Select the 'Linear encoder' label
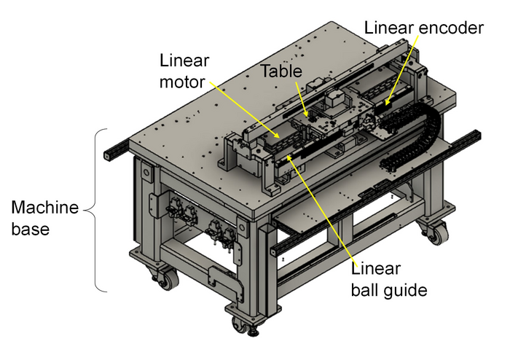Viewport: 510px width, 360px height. coord(423,28)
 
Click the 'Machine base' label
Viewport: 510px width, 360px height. coord(44,218)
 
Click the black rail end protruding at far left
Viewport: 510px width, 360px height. coord(116,152)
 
